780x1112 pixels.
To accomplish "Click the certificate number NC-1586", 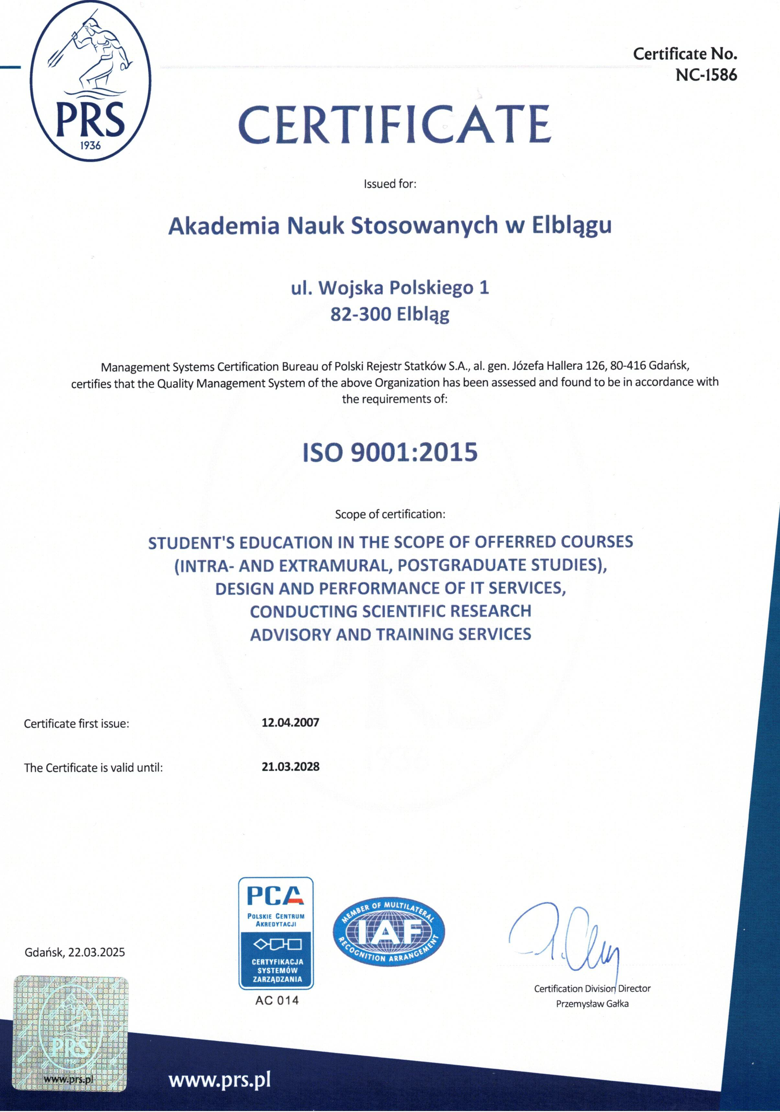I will (x=706, y=75).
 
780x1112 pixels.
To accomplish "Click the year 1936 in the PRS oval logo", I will (x=90, y=145).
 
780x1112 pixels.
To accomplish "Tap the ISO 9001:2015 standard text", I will (x=390, y=452).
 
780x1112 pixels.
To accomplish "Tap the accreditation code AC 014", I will (x=277, y=1000).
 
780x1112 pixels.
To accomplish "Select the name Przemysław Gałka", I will (x=592, y=1004).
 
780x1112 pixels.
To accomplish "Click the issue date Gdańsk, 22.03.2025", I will (x=75, y=952).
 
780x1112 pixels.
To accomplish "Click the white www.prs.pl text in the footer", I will (x=219, y=1080).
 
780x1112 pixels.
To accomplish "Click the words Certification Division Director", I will (x=592, y=988).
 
